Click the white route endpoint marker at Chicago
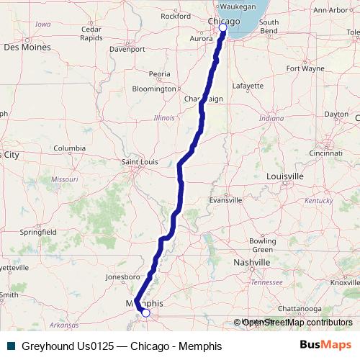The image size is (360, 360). tap(223, 27)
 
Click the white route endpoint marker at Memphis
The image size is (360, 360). tap(145, 312)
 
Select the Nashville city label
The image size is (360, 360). tap(252, 263)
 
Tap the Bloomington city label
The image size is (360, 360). tap(154, 89)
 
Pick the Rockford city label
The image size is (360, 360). tap(176, 15)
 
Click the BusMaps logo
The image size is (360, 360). tap(325, 345)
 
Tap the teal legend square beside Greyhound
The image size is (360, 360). tap(11, 346)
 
